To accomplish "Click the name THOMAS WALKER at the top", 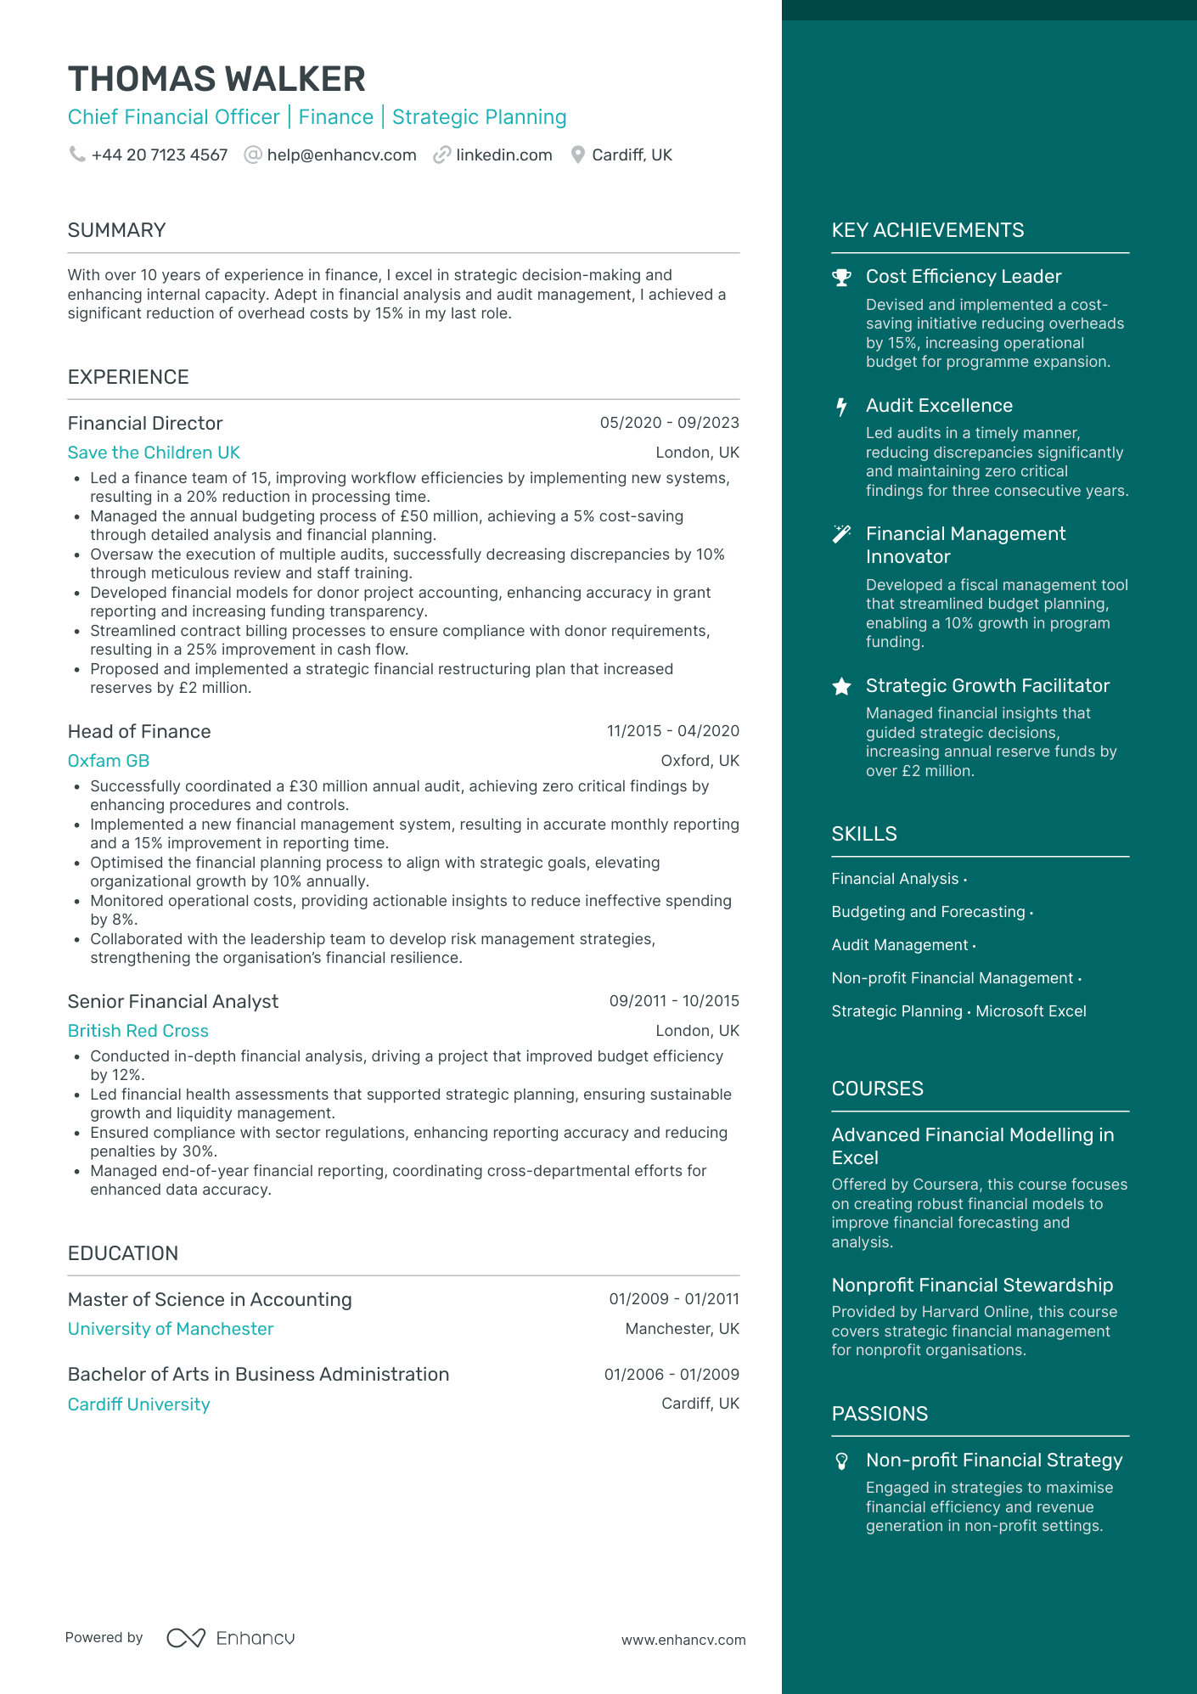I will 216,79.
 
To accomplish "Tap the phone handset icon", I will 77,155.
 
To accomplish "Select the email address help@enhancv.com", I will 341,155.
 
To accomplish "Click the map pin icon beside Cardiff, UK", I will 578,155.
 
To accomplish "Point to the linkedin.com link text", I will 504,155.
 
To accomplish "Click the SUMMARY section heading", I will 116,230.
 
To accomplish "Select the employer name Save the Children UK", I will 154,453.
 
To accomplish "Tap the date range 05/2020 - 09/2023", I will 669,423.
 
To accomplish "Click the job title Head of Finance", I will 139,732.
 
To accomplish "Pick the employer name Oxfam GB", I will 109,761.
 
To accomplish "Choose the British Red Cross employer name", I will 138,1031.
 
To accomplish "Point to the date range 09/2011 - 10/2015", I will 674,1001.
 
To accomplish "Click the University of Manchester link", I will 171,1329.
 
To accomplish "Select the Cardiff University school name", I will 139,1404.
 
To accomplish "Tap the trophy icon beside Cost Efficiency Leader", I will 841,278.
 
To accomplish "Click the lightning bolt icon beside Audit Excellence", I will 841,407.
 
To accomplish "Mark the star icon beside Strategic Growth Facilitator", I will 841,686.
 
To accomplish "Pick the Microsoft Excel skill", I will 1031,1011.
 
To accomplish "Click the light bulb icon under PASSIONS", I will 841,1460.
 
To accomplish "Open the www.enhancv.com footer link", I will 683,1641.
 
